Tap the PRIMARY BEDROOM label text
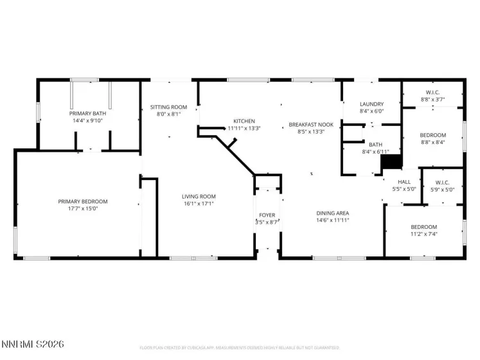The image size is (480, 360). coord(79,201)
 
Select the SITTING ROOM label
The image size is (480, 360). coord(169,107)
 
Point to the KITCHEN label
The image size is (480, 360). coord(244,121)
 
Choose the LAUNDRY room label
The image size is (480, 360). coord(371,104)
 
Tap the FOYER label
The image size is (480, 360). coord(267,215)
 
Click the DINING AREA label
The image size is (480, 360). coord(332,213)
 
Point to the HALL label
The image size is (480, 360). coord(404,182)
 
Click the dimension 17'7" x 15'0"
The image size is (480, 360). coord(79,208)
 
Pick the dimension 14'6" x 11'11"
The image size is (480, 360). coord(332,221)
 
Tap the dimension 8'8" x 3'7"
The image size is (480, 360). coord(432,99)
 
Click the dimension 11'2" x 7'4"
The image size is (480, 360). coord(424,234)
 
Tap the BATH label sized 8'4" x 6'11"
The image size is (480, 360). coord(375,145)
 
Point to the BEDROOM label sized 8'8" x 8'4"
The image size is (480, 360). coord(432,135)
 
